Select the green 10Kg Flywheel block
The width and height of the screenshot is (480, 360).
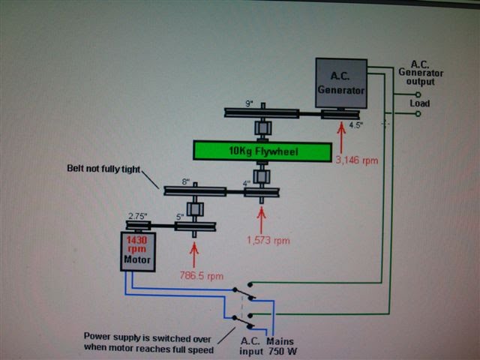(x=262, y=151)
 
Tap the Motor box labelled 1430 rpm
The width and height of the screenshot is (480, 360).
(x=138, y=250)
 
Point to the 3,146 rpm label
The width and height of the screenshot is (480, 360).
(x=355, y=160)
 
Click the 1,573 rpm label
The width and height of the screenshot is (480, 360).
(x=268, y=240)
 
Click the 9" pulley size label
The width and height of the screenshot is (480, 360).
(x=249, y=103)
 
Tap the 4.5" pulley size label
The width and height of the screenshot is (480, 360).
(x=355, y=125)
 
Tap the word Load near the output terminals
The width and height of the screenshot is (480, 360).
(x=420, y=103)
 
